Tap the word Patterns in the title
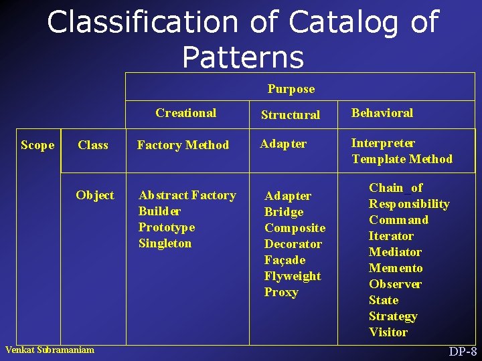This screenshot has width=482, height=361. pos(242,57)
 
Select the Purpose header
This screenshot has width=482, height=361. pos(291,89)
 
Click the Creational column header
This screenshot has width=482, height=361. pos(185,113)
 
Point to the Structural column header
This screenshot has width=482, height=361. pos(290,115)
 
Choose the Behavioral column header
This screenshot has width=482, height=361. pos(382,113)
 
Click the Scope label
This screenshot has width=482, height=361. pos(37,145)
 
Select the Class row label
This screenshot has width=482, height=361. pos(93,145)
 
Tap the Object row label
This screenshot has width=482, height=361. pos(94,195)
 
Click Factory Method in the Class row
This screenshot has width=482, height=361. pos(183,145)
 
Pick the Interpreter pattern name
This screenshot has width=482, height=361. pos(383,143)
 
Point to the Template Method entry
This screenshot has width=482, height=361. pos(402,159)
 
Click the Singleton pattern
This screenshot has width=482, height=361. pos(165,243)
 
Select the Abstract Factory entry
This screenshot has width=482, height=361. pos(187,195)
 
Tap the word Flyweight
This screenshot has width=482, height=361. pos(293,276)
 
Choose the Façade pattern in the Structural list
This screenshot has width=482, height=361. pos(285,260)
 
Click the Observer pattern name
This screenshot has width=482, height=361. pos(395,284)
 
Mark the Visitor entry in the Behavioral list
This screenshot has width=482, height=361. pos(388,332)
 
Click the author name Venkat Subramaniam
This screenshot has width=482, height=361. pos(50,350)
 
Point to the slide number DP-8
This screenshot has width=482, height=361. pos(463,352)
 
